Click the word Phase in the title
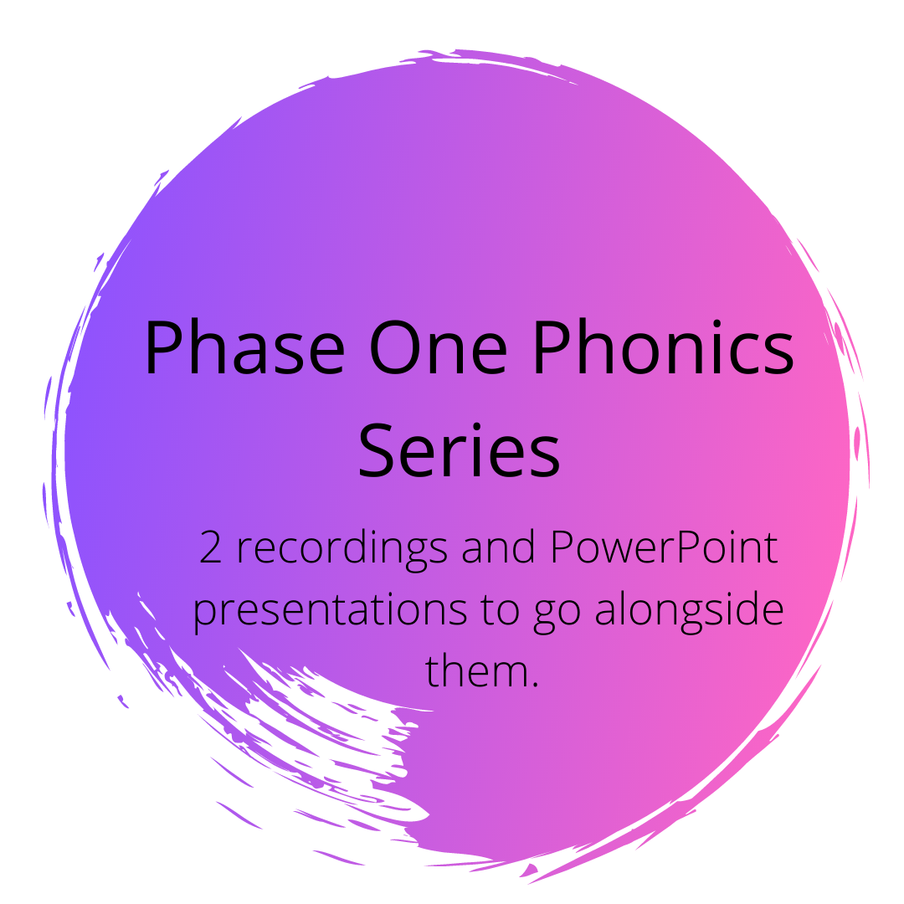point(244,347)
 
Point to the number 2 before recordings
point(208,548)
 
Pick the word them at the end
point(475,670)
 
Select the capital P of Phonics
point(552,347)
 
